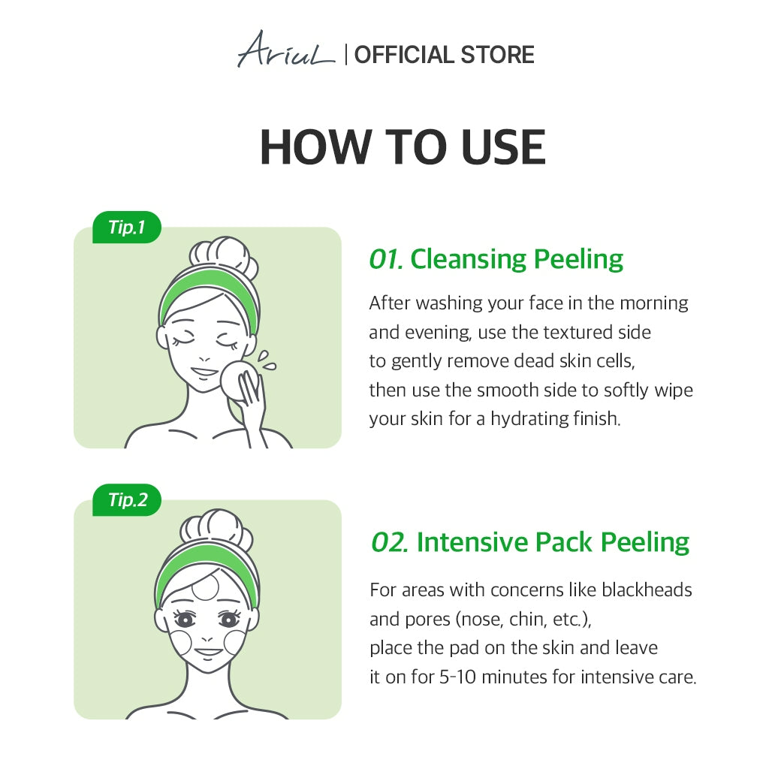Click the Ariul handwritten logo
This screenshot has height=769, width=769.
point(286,50)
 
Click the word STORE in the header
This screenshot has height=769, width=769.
point(497,54)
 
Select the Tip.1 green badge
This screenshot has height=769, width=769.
point(126,227)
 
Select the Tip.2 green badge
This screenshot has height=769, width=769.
point(126,499)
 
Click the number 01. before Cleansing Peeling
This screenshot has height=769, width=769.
point(385,259)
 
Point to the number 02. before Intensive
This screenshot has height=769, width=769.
point(390,542)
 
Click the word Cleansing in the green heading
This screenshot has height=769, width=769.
point(469,259)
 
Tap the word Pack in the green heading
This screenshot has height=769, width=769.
point(563,542)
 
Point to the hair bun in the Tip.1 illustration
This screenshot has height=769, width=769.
point(223,255)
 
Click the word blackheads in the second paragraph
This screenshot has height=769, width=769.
point(647,590)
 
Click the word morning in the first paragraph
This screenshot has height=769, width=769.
point(654,303)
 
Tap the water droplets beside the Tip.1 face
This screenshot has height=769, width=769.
point(266,360)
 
